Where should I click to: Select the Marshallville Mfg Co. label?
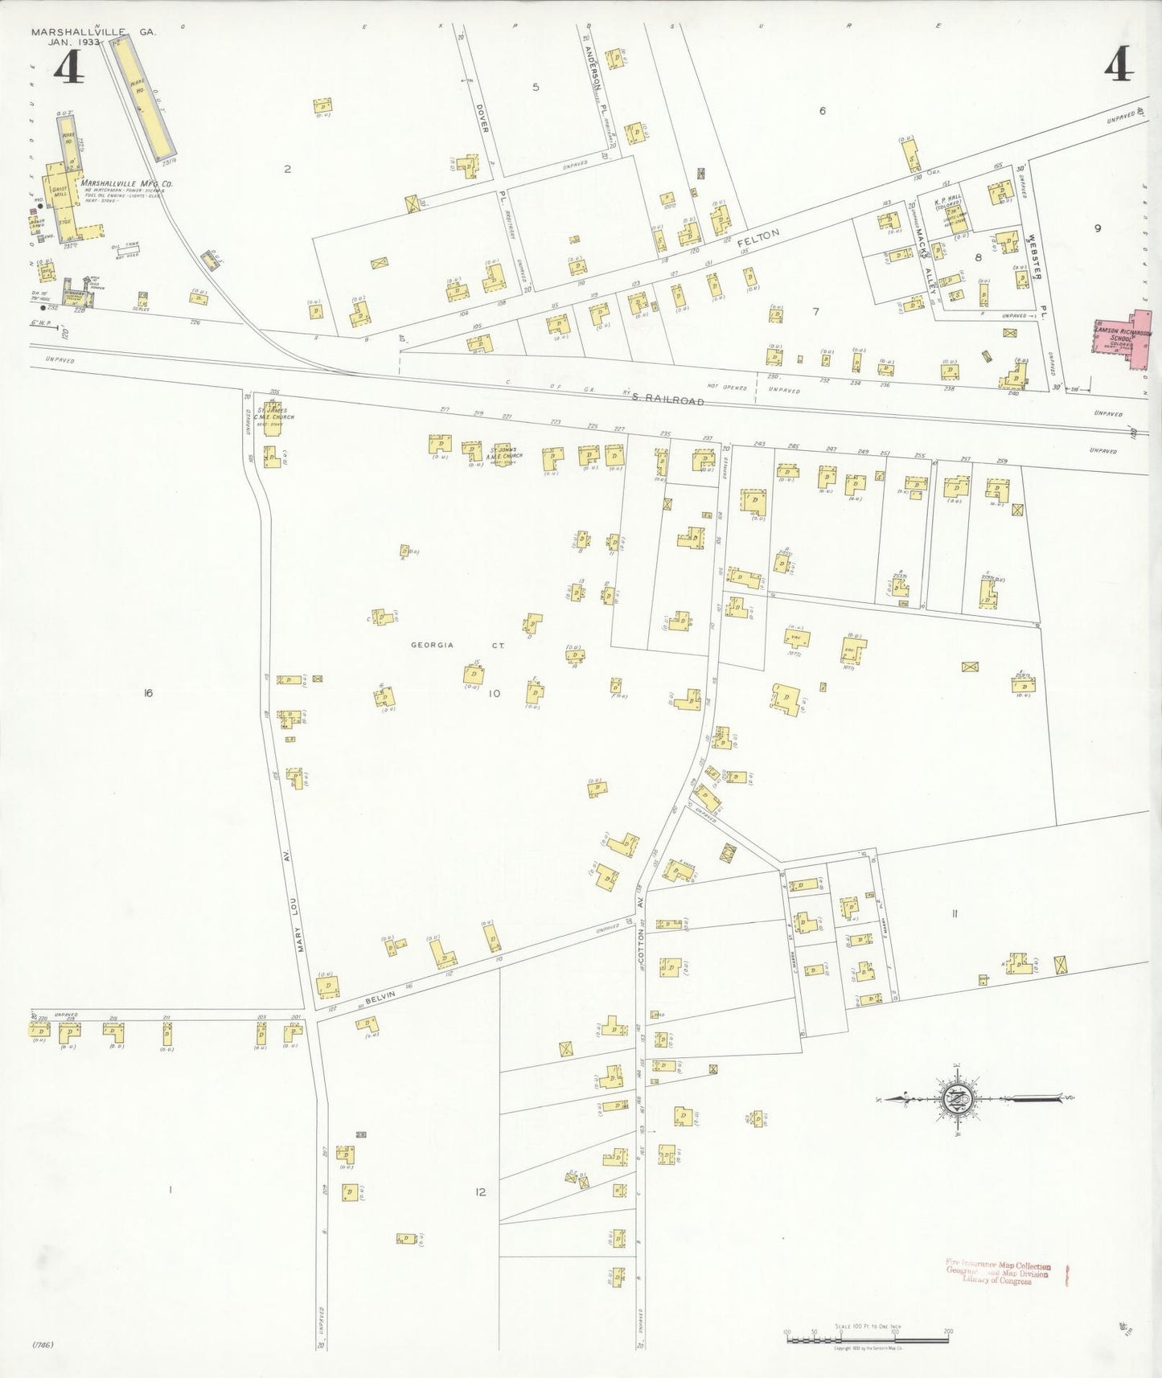125,183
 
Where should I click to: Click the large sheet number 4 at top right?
1119,66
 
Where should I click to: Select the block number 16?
147,693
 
